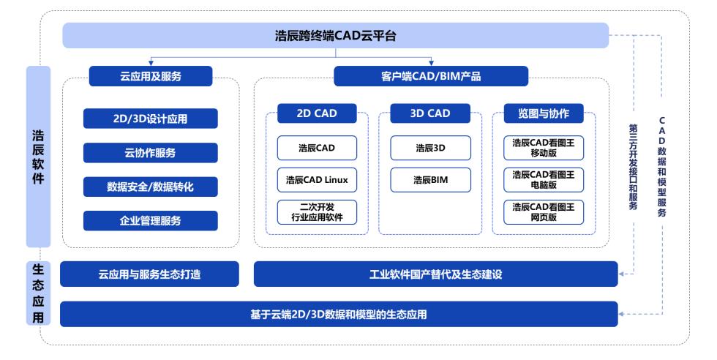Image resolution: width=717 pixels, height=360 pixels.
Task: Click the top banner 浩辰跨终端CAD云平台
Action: point(335,35)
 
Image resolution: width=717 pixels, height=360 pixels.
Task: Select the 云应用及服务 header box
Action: point(151,76)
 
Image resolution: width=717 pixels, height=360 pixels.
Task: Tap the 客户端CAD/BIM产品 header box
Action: point(430,76)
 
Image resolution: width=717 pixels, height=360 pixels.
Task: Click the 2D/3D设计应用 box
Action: point(151,119)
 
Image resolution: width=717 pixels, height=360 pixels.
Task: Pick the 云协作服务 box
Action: point(151,153)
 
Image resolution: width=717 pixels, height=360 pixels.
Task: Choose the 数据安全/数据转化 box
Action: point(151,187)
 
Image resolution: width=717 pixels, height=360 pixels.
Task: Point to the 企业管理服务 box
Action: point(151,220)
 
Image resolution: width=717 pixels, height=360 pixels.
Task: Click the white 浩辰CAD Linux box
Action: point(317,179)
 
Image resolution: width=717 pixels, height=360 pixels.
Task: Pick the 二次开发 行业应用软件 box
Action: point(317,211)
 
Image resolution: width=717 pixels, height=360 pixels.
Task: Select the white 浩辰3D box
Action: point(430,148)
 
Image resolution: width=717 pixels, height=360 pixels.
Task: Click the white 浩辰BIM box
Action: point(430,179)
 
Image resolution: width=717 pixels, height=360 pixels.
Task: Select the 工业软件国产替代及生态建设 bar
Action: point(435,274)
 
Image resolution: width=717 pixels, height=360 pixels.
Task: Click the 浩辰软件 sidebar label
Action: point(38,157)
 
